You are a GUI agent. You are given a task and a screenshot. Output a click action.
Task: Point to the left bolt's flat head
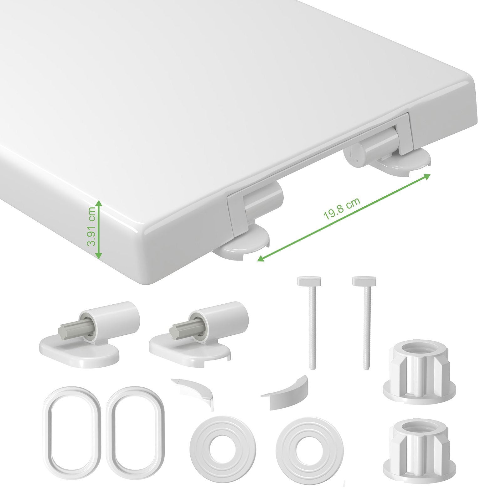click(x=309, y=281)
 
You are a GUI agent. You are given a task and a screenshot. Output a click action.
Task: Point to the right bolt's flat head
click(x=365, y=281)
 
